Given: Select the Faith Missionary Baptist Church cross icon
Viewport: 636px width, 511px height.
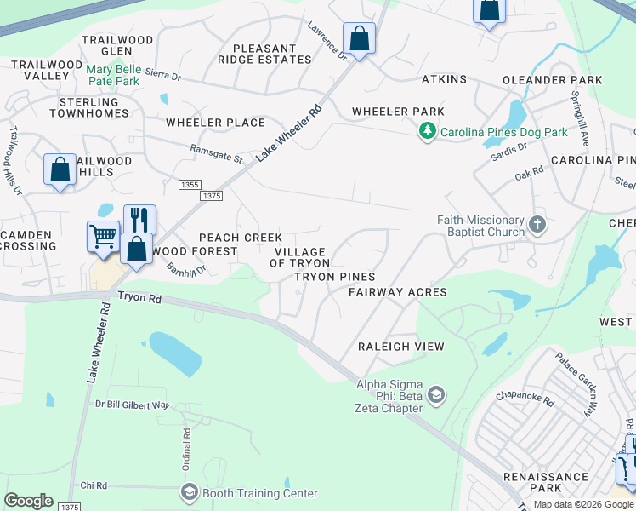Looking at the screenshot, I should [537, 225].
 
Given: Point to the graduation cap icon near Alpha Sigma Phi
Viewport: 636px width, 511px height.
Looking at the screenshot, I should [436, 394].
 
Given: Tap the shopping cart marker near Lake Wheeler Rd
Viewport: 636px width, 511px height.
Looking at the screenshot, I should [103, 236].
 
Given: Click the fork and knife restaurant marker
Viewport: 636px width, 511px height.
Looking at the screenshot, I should [139, 220].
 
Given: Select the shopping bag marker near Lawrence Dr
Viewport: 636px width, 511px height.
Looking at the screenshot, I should [359, 38].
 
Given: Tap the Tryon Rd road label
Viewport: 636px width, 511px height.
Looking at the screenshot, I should [139, 297].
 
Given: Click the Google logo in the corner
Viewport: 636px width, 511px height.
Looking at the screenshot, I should [28, 501].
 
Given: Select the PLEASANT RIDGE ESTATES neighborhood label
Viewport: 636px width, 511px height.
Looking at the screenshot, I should [264, 55].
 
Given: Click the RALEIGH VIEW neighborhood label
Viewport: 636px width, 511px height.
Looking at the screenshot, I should [401, 347].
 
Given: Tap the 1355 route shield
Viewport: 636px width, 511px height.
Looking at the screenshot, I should [190, 184].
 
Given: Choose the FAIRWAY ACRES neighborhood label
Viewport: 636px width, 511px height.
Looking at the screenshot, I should [397, 292].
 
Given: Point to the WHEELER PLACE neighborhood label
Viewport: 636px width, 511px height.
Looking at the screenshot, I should [215, 123].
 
